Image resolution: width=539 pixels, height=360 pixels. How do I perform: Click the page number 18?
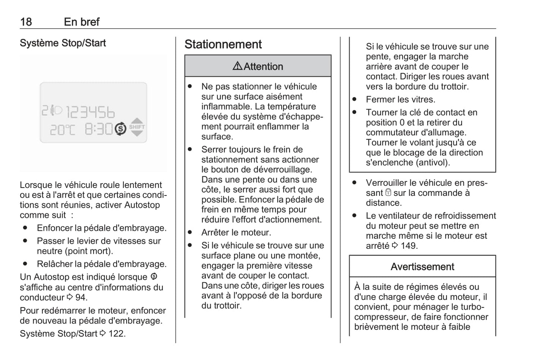tap(26, 22)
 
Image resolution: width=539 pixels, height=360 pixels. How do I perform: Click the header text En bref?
tap(82, 22)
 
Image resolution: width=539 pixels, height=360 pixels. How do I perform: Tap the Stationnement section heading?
tap(223, 44)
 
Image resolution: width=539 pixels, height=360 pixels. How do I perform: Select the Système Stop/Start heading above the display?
tap(63, 43)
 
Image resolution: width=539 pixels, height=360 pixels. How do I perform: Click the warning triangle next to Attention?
tap(237, 66)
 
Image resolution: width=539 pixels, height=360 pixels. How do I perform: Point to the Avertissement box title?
tap(422, 267)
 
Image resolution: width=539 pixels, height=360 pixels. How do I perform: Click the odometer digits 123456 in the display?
tap(90, 112)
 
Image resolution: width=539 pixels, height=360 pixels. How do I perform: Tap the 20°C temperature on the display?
tap(63, 130)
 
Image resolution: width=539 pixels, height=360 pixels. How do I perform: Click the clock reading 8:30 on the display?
tap(98, 129)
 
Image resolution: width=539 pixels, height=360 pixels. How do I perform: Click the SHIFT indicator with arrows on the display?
tap(137, 127)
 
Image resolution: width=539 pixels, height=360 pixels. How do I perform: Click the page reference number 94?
tap(81, 298)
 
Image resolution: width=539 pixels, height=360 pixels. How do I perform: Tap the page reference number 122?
tap(117, 334)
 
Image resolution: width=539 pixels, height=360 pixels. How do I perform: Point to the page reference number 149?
tap(409, 246)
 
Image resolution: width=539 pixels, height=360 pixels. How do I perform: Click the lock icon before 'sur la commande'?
tap(388, 192)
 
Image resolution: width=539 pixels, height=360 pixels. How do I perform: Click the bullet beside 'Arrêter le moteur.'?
tap(190, 232)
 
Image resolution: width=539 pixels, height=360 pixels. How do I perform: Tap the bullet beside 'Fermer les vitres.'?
tap(354, 99)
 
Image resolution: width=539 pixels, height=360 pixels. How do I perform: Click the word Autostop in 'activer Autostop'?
tap(142, 205)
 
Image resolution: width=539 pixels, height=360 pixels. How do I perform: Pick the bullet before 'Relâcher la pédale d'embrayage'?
tap(25, 263)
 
